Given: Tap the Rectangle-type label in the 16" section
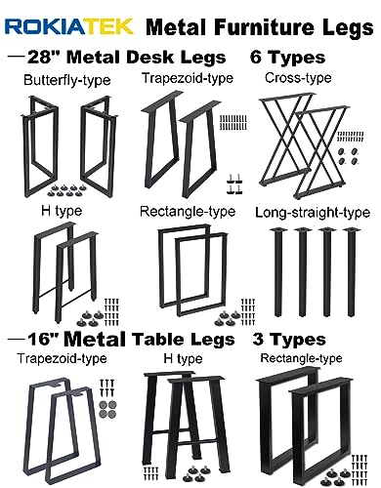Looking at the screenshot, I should (302, 359).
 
